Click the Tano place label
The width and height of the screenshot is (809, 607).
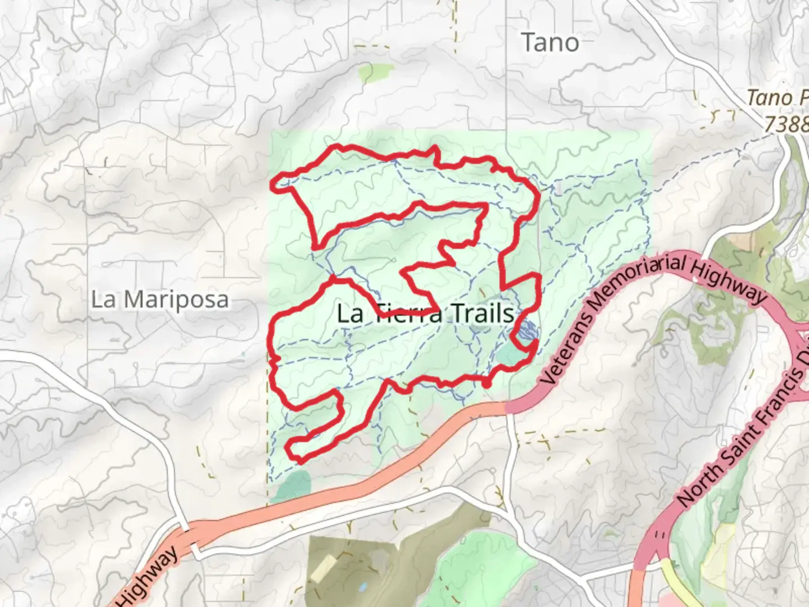click(549, 43)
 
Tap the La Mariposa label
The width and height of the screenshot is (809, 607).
click(160, 300)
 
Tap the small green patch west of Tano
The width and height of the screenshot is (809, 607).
click(370, 72)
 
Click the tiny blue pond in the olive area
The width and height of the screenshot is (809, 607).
click(363, 588)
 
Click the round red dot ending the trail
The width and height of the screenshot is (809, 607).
click(487, 383)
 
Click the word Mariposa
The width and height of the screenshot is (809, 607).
click(176, 300)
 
